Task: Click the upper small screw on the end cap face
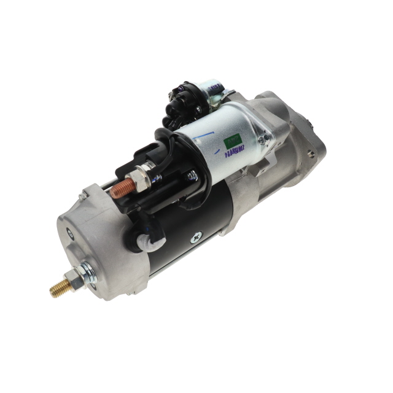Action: coord(69,232)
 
